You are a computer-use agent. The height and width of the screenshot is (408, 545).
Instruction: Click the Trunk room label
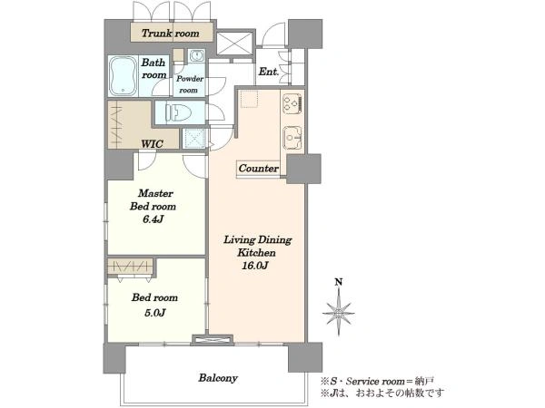click(171, 34)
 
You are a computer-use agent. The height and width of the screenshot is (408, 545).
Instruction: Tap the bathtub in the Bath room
click(123, 76)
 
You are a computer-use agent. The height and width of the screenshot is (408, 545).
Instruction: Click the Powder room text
click(190, 84)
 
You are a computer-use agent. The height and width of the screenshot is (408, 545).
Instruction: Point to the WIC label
click(152, 143)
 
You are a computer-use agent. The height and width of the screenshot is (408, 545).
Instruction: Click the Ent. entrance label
click(269, 72)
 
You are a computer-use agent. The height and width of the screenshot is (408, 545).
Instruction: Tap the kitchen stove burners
click(292, 103)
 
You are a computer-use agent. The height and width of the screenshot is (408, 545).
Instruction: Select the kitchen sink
click(292, 138)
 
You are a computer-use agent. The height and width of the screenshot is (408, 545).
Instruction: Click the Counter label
click(259, 169)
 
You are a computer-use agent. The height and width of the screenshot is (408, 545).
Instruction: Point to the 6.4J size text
click(154, 219)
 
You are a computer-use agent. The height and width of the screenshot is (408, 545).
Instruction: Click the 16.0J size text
click(256, 266)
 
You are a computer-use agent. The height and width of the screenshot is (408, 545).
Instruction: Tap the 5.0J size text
click(154, 313)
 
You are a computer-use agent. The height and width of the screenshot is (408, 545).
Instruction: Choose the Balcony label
click(218, 378)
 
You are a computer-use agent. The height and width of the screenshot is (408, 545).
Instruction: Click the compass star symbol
click(339, 313)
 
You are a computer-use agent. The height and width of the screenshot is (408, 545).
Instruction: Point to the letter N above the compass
click(339, 282)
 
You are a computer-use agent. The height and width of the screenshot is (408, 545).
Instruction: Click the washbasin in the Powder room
click(197, 55)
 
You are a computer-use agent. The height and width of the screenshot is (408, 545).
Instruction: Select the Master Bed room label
click(153, 199)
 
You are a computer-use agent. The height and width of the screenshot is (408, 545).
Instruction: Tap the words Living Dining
click(258, 239)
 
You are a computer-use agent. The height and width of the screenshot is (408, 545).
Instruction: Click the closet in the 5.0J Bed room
click(130, 266)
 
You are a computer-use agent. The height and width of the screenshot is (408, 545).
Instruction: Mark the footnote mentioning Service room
click(378, 382)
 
